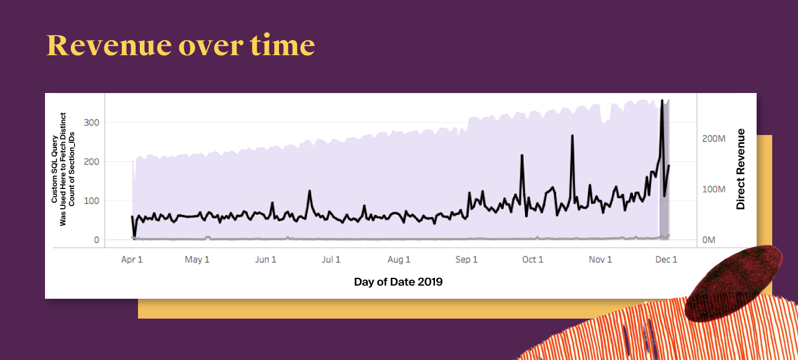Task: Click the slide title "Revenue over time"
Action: [181, 45]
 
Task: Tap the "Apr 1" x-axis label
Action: [132, 260]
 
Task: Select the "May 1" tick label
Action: [197, 260]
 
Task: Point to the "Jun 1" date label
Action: [266, 260]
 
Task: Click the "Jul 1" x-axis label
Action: [331, 260]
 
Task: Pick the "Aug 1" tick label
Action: [399, 260]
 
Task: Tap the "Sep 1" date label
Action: [467, 260]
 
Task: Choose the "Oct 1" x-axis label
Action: [533, 260]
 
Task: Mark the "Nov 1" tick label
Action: [600, 260]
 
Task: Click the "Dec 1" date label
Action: [667, 260]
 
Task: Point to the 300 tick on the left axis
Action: [91, 123]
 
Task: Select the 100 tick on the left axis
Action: [91, 201]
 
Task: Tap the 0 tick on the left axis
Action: [97, 241]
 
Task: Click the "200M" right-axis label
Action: [713, 139]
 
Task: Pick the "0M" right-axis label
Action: [709, 241]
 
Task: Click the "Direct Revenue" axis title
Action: [740, 169]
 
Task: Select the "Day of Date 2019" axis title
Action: [398, 282]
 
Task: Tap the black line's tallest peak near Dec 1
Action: [662, 101]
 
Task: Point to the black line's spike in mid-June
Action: [310, 191]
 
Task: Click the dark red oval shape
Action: [733, 283]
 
